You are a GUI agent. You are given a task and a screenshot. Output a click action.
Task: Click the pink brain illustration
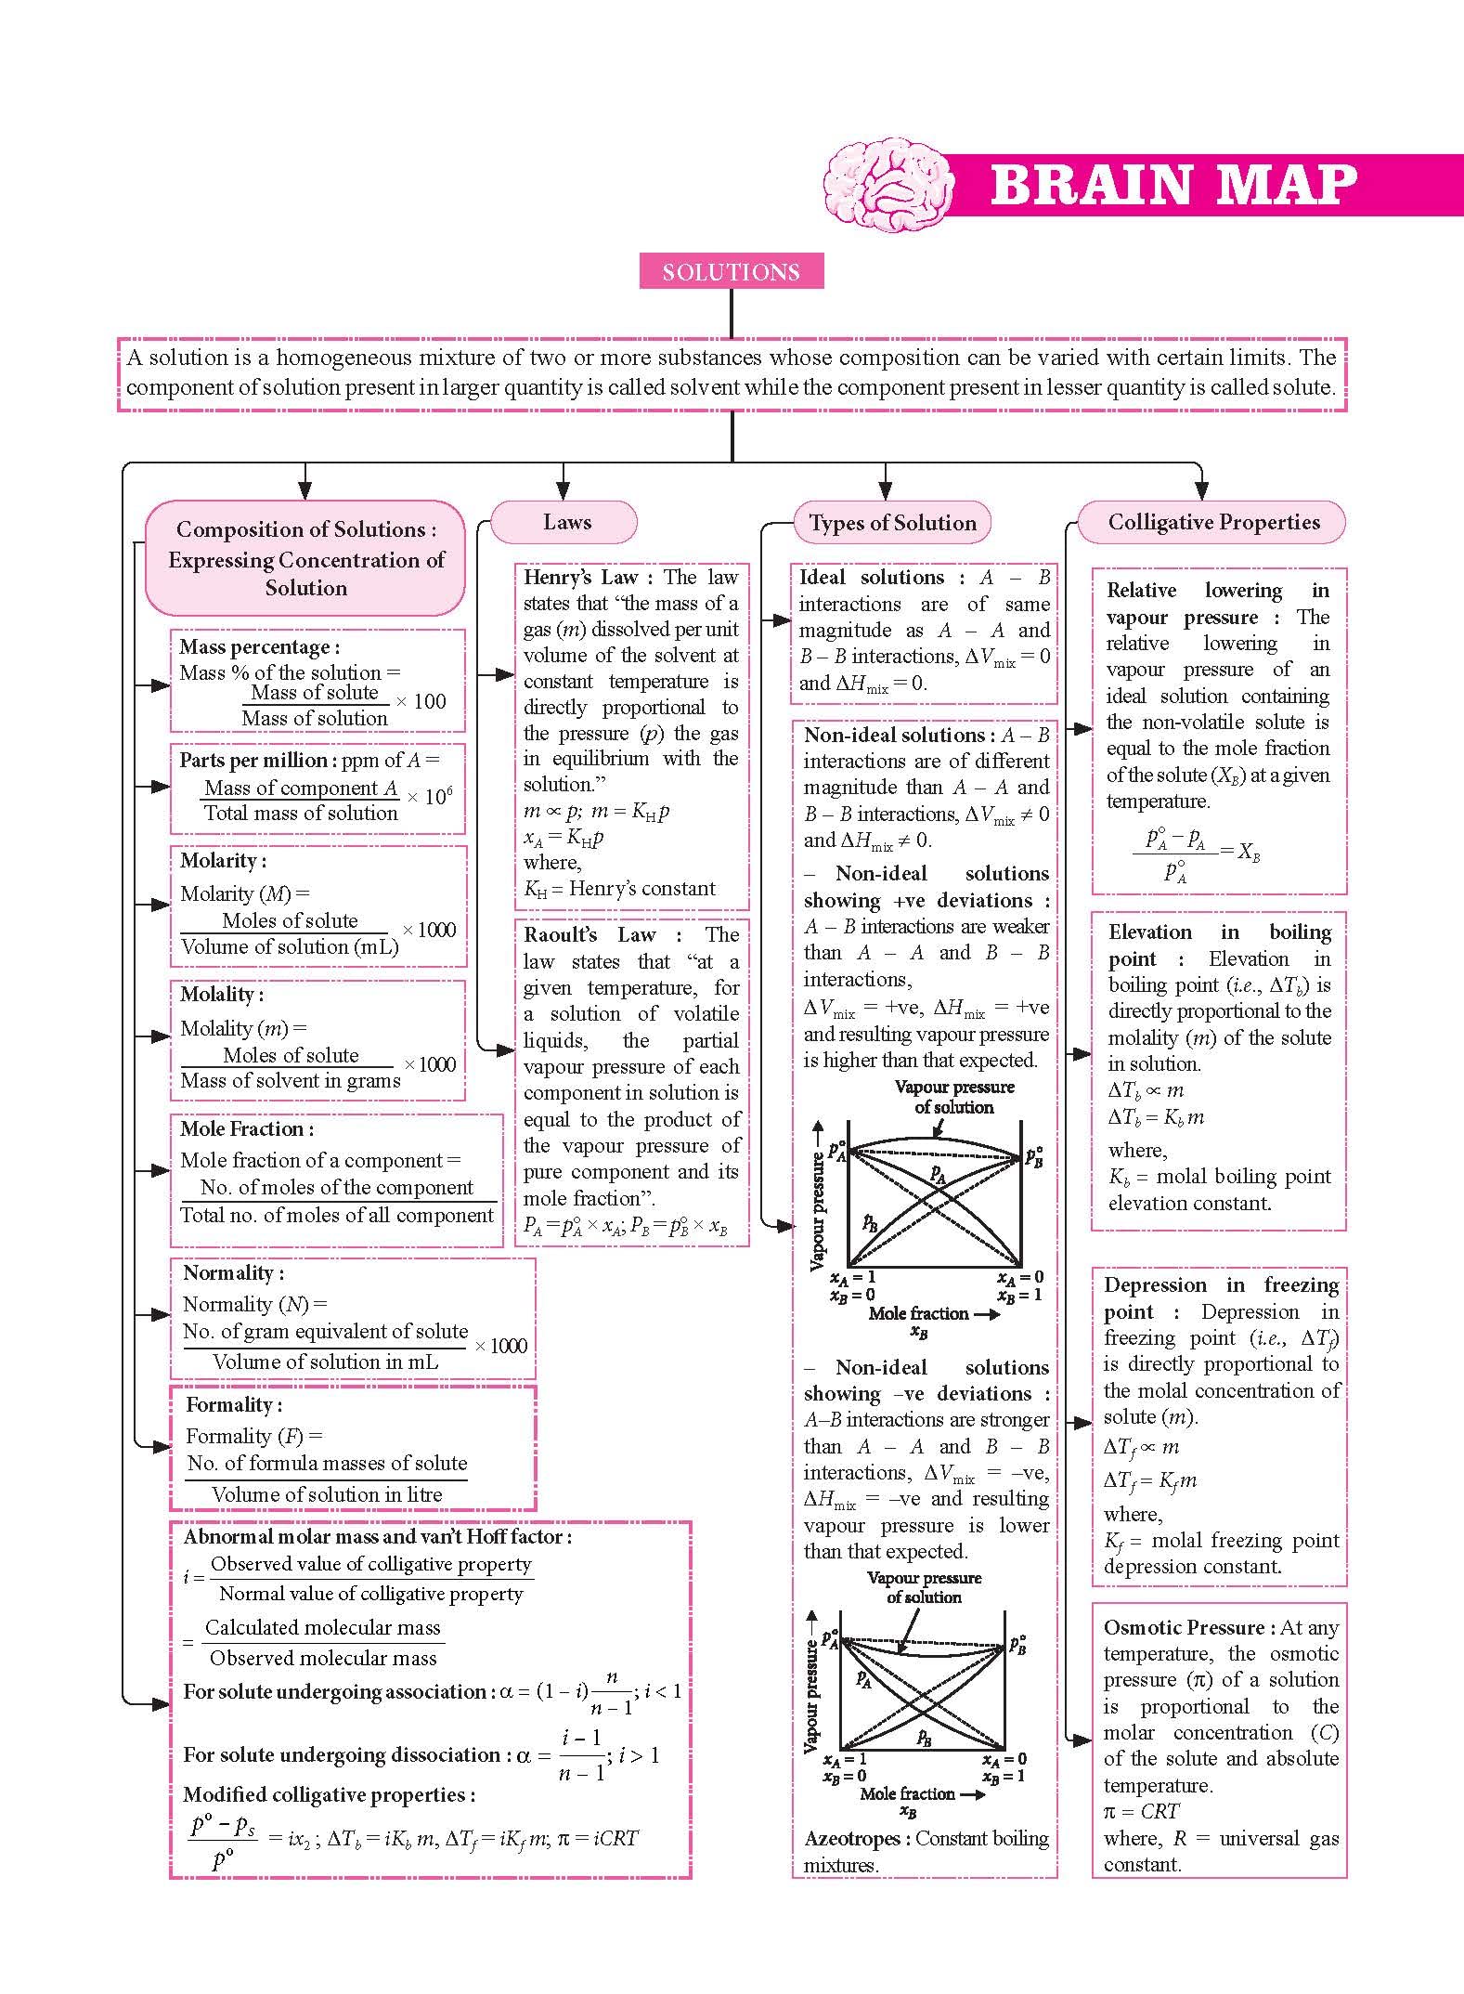coord(888,183)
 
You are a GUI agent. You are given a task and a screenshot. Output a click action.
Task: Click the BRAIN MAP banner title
coord(1173,185)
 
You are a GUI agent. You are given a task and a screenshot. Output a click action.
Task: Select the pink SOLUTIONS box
coord(732,272)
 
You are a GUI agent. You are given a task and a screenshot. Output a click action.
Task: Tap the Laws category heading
coord(566,522)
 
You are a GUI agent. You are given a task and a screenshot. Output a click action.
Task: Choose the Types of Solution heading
coord(892,523)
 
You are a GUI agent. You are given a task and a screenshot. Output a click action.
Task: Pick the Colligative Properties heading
coord(1213,522)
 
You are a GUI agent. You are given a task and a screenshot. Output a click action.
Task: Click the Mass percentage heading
coord(259,646)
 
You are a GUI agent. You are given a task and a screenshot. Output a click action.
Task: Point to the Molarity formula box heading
coord(223,860)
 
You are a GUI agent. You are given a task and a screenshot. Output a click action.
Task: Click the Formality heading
coord(234,1404)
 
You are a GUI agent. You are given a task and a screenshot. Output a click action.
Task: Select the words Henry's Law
coord(589,577)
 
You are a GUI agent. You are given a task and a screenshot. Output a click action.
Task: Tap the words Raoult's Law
coord(589,934)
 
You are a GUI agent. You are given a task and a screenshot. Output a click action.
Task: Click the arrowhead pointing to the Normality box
coord(162,1314)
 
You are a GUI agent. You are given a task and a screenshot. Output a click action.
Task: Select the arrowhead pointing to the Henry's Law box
coord(507,675)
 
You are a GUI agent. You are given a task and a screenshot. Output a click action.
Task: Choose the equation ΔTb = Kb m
coord(1157,1117)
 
